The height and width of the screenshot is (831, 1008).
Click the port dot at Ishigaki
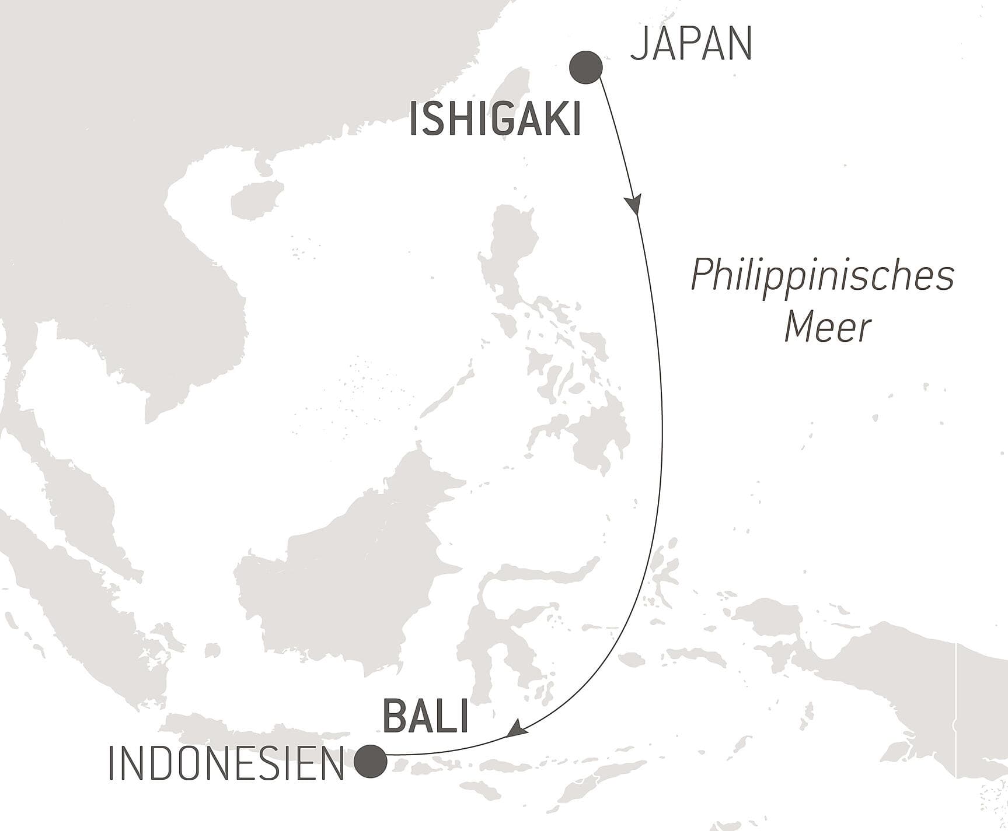[585, 67]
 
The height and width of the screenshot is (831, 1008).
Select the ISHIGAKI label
[495, 119]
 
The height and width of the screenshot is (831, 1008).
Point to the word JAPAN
[691, 44]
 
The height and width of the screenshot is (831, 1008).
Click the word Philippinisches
[822, 275]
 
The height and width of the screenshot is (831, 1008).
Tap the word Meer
[827, 327]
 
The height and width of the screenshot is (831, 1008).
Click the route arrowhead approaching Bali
[516, 728]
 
